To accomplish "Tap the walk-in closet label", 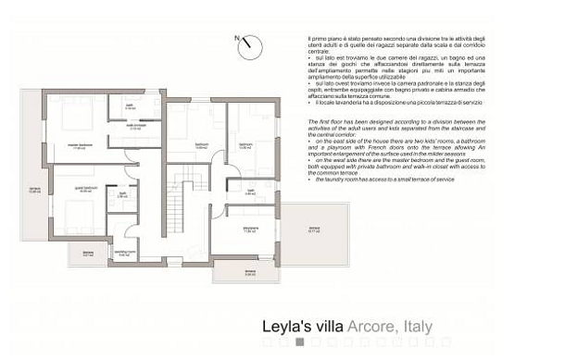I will click(x=135, y=128).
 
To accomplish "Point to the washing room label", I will click(x=123, y=253).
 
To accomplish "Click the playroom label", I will click(x=249, y=230).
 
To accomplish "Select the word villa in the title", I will click(x=325, y=326).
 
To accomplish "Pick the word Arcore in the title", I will click(x=370, y=326).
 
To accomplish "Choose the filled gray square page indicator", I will click(x=299, y=342).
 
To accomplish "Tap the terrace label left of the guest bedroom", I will click(x=33, y=192).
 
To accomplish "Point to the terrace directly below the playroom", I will click(x=249, y=272).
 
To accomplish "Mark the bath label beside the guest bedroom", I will click(x=122, y=196).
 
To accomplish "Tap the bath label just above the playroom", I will click(x=250, y=192).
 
